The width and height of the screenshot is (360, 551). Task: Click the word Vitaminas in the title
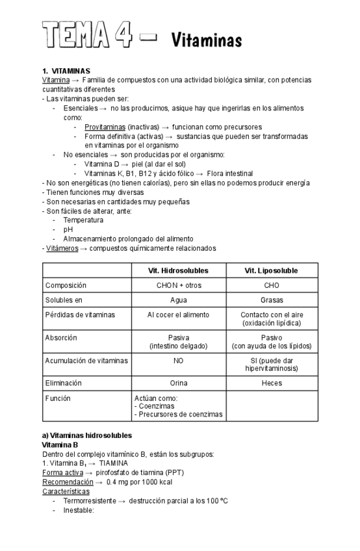[x=206, y=41]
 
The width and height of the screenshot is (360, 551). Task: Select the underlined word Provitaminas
[x=105, y=127]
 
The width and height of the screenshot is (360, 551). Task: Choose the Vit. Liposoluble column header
[x=272, y=270]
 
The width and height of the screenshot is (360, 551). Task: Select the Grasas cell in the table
[x=272, y=300]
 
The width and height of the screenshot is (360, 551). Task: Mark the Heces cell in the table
[x=272, y=383]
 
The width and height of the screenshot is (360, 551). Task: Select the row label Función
[x=58, y=398]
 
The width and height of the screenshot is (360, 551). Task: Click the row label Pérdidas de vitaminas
[x=80, y=314]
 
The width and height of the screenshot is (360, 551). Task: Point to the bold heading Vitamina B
[x=60, y=444]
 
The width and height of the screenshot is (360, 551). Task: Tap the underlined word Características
[x=66, y=491]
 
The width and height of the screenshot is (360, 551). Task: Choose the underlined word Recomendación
[x=68, y=481]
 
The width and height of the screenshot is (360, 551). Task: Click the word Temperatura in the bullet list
[x=83, y=220]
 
